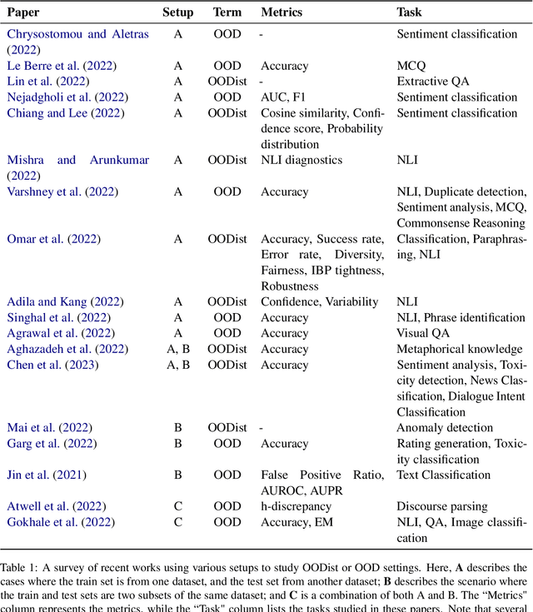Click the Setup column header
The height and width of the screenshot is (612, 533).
click(x=177, y=12)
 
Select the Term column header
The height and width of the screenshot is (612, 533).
click(x=227, y=12)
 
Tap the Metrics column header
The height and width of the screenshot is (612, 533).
click(x=281, y=12)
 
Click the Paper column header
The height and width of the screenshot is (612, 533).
click(x=24, y=12)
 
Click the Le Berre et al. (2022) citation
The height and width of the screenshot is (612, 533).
click(x=62, y=66)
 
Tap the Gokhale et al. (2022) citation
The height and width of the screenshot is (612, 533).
click(x=62, y=522)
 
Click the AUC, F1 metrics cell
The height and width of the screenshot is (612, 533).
click(x=285, y=97)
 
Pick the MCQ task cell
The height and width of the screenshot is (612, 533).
click(x=411, y=66)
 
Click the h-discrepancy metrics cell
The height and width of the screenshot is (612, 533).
click(x=296, y=506)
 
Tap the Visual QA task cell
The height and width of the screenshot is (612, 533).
click(x=422, y=333)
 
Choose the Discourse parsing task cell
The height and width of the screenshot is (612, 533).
click(x=442, y=506)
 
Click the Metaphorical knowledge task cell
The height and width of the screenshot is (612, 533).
click(x=460, y=349)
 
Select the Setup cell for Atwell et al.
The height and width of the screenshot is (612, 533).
click(x=177, y=506)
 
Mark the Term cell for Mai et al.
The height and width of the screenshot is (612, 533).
click(x=227, y=428)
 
